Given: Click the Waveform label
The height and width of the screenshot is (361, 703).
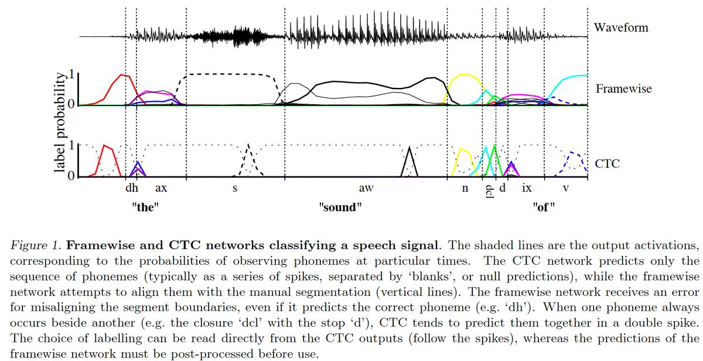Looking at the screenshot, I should point(620,28).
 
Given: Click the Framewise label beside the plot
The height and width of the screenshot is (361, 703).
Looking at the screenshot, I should point(623,88).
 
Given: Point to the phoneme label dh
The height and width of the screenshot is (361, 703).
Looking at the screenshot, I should point(132,189).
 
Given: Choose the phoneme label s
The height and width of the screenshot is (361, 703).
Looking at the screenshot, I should point(235,189).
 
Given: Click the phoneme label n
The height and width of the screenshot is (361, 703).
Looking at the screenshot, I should point(465,189).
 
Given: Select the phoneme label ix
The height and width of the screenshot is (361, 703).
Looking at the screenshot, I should point(527,189).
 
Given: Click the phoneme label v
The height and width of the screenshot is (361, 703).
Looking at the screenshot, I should point(565,189).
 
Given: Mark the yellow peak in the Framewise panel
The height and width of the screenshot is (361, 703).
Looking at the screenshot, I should point(465,75).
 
